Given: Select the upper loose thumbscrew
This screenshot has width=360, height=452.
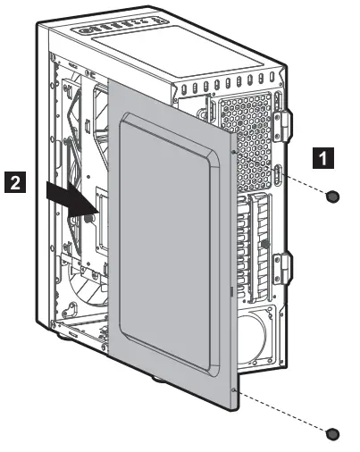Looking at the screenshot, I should (333, 196).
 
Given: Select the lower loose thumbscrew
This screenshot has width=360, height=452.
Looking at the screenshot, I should (333, 433).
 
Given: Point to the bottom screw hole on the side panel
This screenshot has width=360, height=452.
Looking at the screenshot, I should (233, 390).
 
